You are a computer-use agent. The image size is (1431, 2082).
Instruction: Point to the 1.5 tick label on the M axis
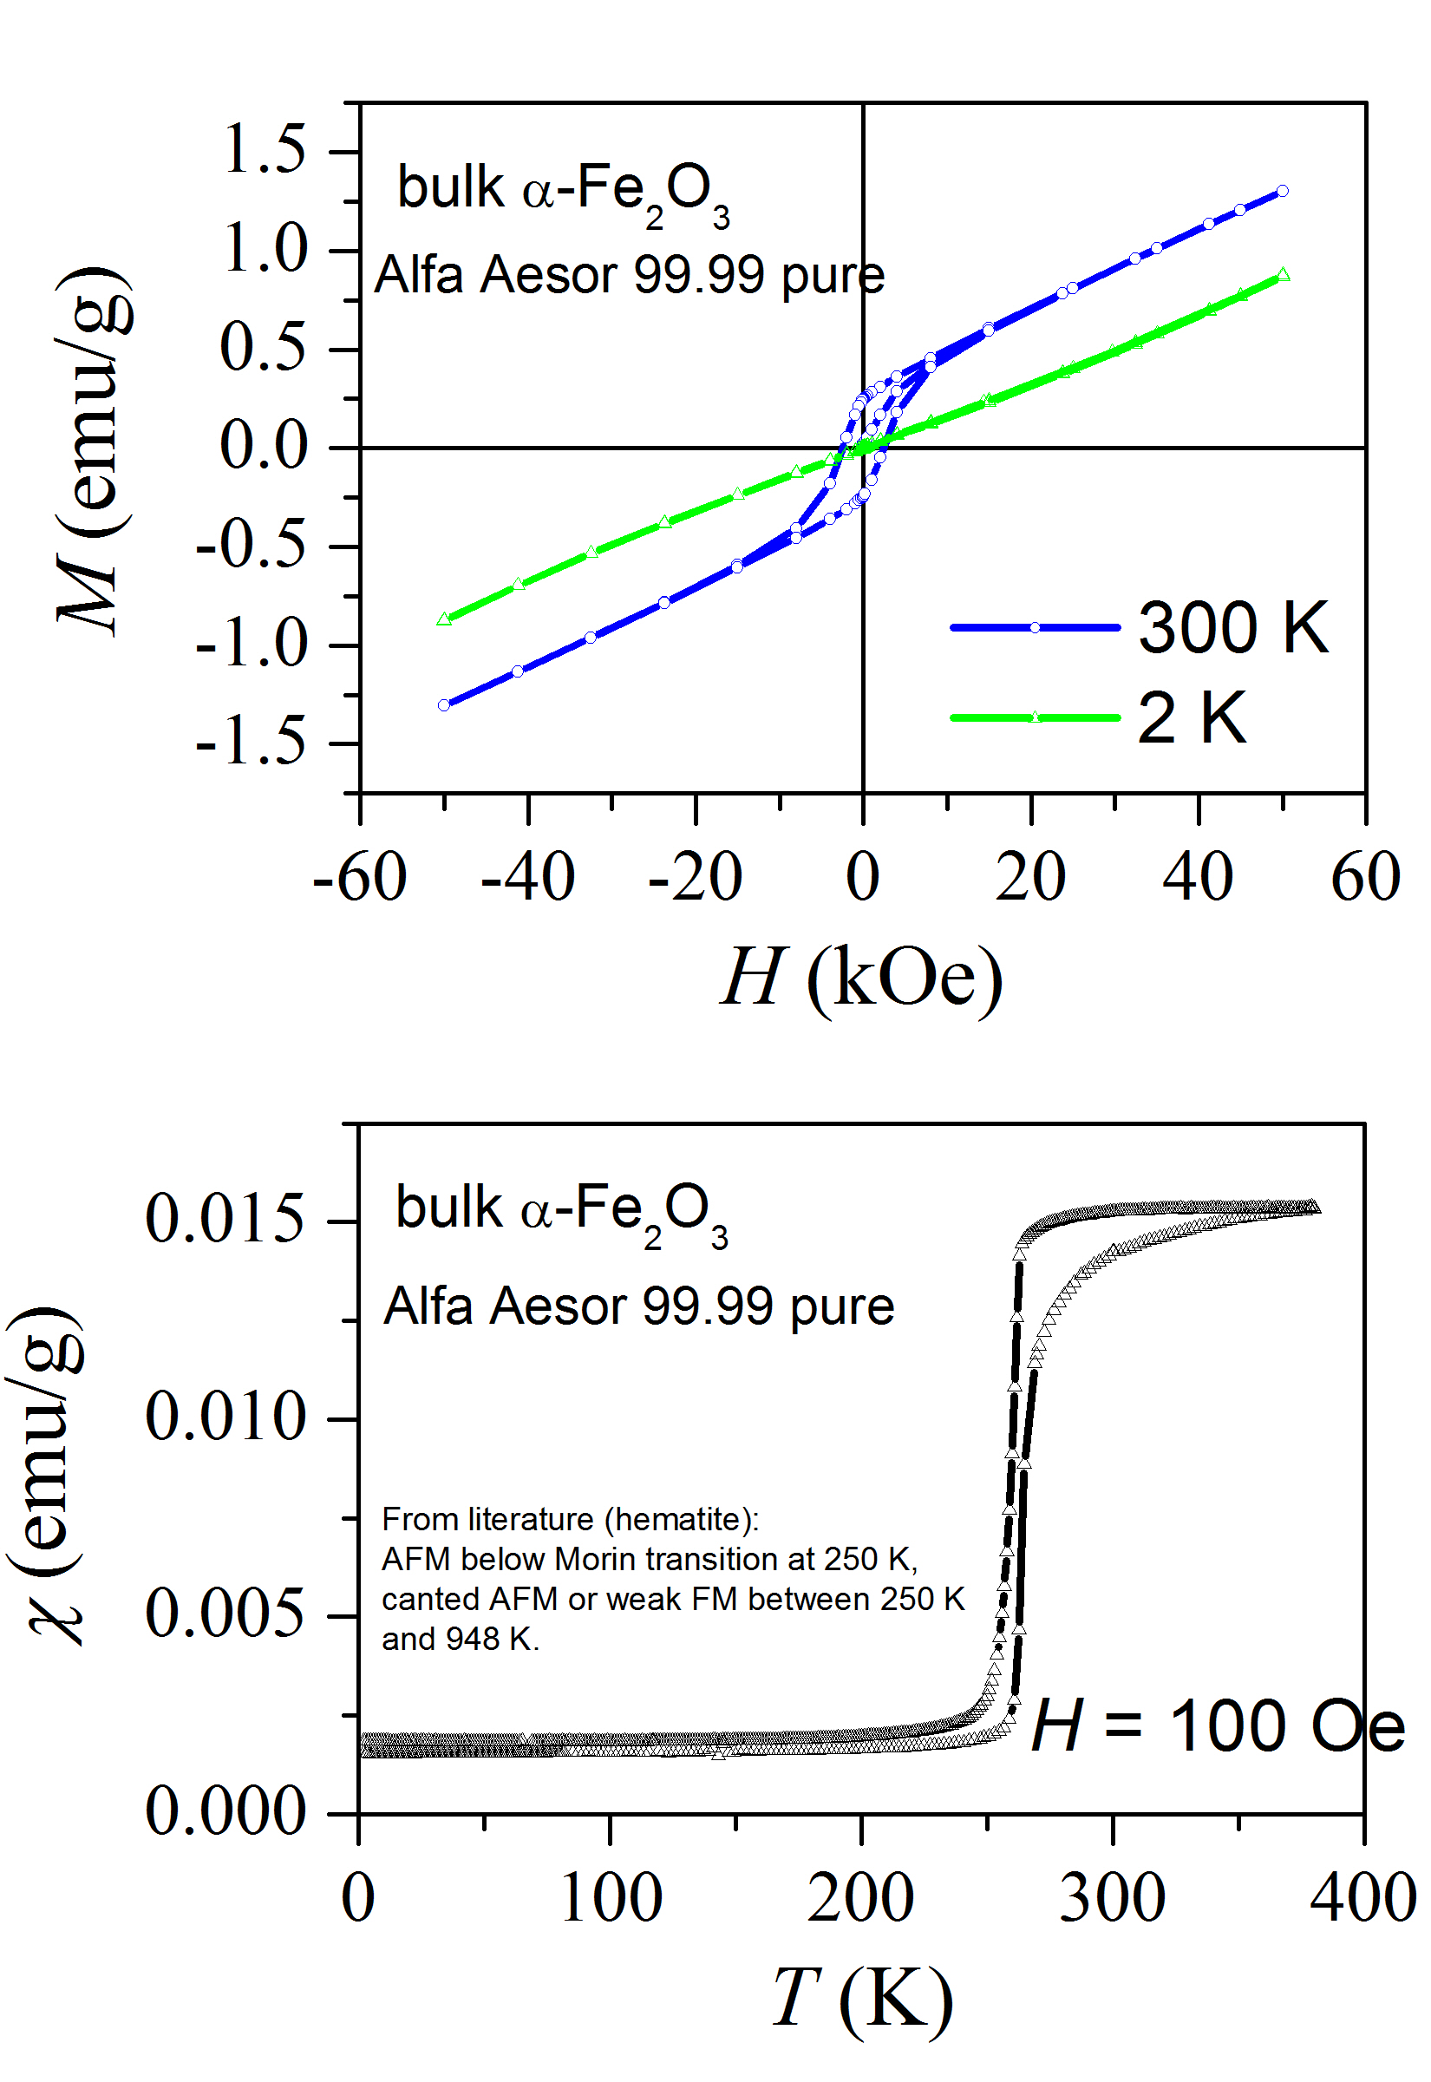[264, 149]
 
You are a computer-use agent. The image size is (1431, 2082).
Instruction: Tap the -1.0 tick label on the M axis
[251, 645]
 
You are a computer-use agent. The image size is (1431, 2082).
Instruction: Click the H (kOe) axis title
[860, 978]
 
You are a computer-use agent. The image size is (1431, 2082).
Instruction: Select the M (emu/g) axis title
[94, 448]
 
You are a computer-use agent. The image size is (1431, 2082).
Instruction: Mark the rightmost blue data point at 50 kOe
[1282, 191]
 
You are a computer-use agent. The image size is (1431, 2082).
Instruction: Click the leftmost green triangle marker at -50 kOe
[444, 619]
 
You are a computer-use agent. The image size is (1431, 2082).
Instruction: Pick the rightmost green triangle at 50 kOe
[1283, 274]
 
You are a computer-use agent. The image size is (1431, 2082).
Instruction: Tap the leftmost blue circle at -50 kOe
[444, 704]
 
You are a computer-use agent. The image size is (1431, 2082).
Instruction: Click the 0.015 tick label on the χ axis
[225, 1220]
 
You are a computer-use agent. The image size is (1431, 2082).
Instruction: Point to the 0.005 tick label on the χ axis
[225, 1614]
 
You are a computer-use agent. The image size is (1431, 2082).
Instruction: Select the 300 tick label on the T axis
[1112, 1898]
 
